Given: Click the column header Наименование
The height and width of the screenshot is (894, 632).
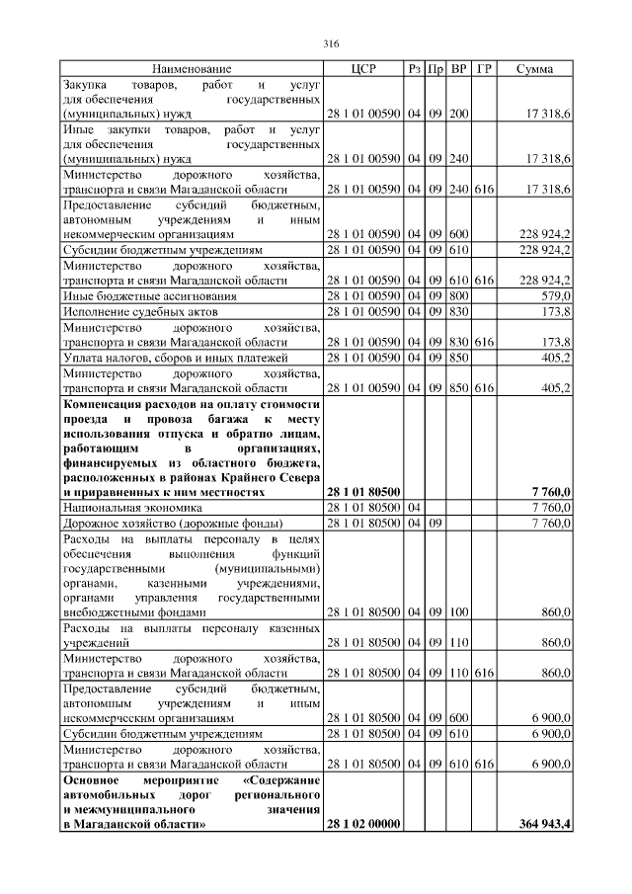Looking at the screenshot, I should pos(192,69).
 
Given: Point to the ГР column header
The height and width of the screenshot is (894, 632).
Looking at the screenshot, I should pos(484,69).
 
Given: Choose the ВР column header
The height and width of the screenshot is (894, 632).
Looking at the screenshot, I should pos(459,69).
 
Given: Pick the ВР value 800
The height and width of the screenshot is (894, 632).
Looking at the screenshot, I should pos(458,296).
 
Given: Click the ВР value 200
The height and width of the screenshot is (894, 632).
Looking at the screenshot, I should pos(458,116).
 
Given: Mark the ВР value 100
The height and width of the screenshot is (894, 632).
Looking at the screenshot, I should pos(458,613).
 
